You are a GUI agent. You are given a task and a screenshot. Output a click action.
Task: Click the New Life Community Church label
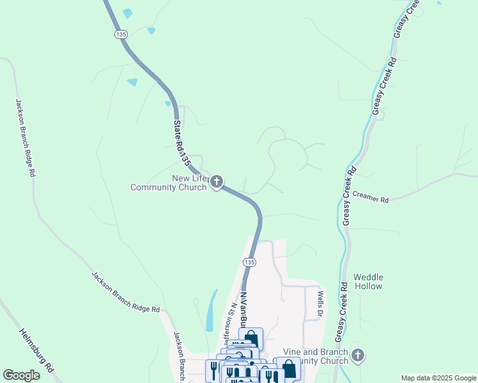[x=168, y=183]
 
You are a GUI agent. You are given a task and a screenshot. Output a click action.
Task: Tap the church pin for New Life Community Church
[x=217, y=183]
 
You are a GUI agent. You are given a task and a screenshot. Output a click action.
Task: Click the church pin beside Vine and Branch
[x=358, y=356]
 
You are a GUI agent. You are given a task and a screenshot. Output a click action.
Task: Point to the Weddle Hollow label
[x=368, y=282]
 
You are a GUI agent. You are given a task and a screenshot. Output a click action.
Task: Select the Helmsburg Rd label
[x=36, y=350]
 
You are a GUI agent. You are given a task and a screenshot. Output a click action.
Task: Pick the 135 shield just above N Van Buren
[x=249, y=262]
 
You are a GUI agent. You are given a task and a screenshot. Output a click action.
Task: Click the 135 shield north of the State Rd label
[x=120, y=34]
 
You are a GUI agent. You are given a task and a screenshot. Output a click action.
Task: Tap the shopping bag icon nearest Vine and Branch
[x=289, y=368]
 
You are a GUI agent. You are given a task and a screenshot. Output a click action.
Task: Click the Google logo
[x=21, y=375]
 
